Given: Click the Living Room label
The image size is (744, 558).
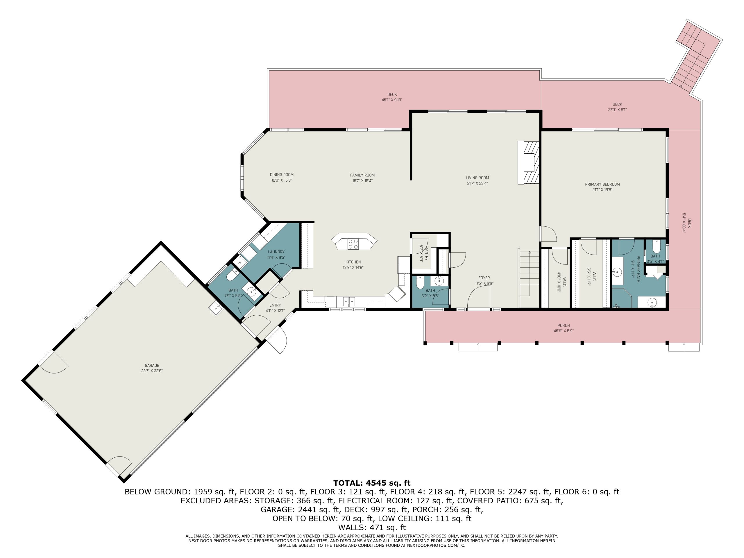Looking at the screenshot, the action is (477, 178).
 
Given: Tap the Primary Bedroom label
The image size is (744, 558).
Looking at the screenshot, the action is (602, 184).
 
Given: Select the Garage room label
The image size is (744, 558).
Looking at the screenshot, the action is (152, 365).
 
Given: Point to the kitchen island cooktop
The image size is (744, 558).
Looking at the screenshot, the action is (353, 244).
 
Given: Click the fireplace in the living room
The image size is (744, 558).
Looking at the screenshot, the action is (528, 162).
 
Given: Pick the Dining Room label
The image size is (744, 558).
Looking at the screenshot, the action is (282, 175).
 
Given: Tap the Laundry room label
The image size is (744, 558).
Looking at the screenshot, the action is (276, 252).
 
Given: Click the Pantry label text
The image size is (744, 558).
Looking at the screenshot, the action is (426, 252).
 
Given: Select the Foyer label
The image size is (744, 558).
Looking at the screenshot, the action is (484, 278).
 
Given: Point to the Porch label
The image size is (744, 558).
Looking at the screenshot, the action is (564, 325).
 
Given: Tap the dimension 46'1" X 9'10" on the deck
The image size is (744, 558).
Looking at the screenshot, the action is (392, 100).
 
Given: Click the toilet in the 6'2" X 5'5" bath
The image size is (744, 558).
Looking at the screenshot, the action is (420, 282).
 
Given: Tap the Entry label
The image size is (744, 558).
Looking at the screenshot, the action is (275, 305).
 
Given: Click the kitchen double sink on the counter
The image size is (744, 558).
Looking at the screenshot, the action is (349, 302).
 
